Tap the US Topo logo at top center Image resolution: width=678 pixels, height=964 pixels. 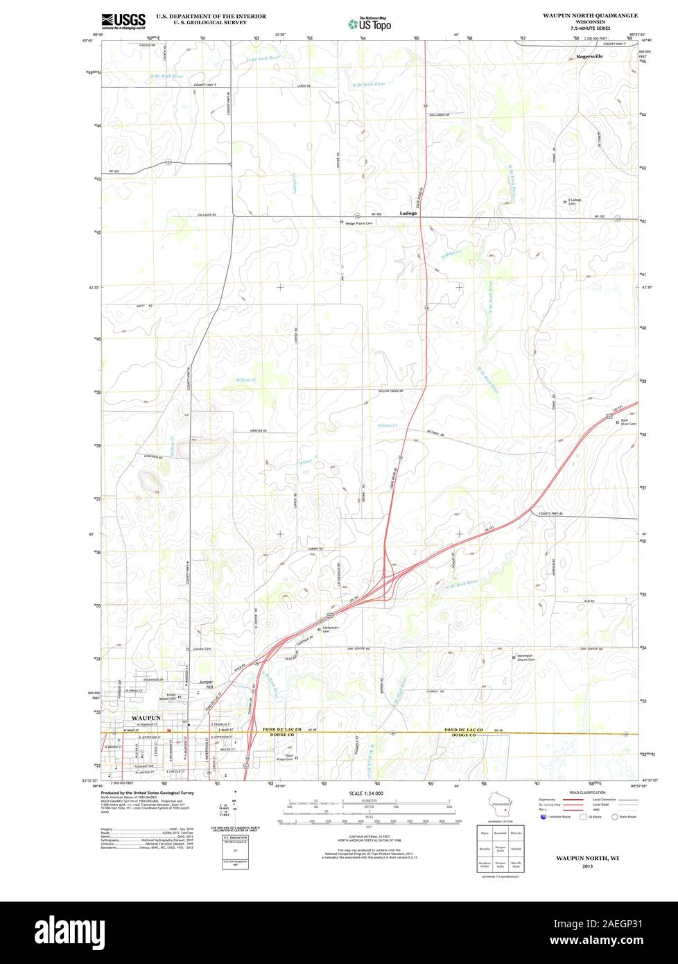[x=370, y=24]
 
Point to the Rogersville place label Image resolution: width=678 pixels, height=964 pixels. [x=590, y=56]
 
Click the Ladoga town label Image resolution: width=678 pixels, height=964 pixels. [x=408, y=214]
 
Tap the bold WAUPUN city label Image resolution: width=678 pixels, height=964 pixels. [x=146, y=718]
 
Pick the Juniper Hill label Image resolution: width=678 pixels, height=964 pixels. [x=207, y=684]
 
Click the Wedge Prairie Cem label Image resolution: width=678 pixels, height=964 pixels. [x=360, y=223]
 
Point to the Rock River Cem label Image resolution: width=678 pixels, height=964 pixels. [x=628, y=422]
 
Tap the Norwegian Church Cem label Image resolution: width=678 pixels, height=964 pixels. [x=525, y=657]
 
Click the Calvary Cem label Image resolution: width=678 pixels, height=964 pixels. [x=202, y=649]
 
